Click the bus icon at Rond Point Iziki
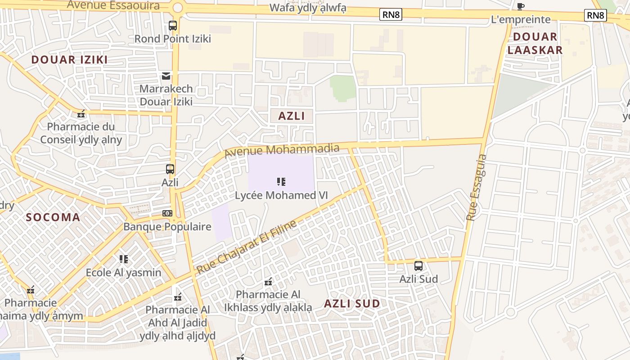[173, 26]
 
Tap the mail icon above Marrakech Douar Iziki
[166, 76]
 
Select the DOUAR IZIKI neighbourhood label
[69, 59]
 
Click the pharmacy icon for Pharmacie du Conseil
[81, 114]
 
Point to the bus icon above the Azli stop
[170, 169]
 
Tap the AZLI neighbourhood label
[292, 116]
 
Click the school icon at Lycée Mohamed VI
[281, 182]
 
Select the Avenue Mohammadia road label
[282, 150]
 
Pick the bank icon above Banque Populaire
[167, 213]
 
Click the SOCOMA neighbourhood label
[53, 217]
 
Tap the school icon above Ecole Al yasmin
[124, 259]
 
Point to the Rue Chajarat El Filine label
[247, 247]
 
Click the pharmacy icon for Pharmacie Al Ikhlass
[268, 282]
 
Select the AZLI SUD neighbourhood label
[352, 303]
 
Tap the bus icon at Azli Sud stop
[418, 266]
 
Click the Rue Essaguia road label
[476, 188]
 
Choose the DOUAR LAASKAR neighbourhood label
[535, 43]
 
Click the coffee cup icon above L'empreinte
[521, 6]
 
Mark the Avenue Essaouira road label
[113, 5]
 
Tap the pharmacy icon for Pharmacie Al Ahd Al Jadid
[178, 297]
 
